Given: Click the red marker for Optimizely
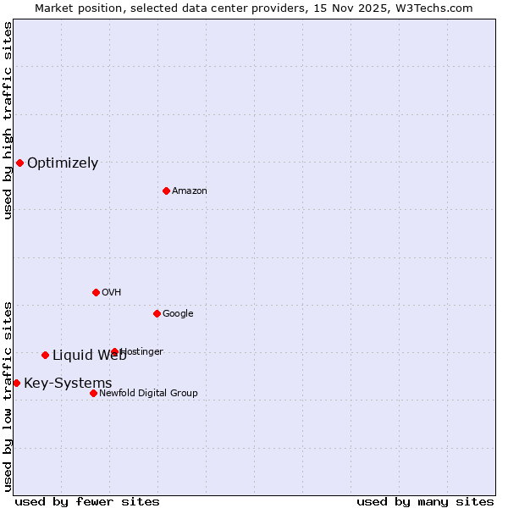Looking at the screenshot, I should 19,163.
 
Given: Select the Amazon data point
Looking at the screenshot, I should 166,190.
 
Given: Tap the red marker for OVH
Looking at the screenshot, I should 96,292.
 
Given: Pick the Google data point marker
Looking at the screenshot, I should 157,313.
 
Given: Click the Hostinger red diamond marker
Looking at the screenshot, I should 114,351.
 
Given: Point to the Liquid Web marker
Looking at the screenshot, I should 45,355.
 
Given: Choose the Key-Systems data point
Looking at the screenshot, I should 16,383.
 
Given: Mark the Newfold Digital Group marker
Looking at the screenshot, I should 93,393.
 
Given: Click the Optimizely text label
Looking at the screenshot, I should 63,163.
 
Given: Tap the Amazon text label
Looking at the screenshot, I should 190,191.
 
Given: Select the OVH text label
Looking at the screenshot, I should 112,293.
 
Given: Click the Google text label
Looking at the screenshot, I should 178,314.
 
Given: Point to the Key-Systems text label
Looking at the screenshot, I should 68,384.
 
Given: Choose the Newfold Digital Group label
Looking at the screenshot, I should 148,394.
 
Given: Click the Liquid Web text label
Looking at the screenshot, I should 89,356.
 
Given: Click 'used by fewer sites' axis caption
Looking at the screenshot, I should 87,501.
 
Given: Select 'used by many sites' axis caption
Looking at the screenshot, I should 425,501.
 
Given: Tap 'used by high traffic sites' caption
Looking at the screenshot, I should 8,120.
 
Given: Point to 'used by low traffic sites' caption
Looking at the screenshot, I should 8,395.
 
